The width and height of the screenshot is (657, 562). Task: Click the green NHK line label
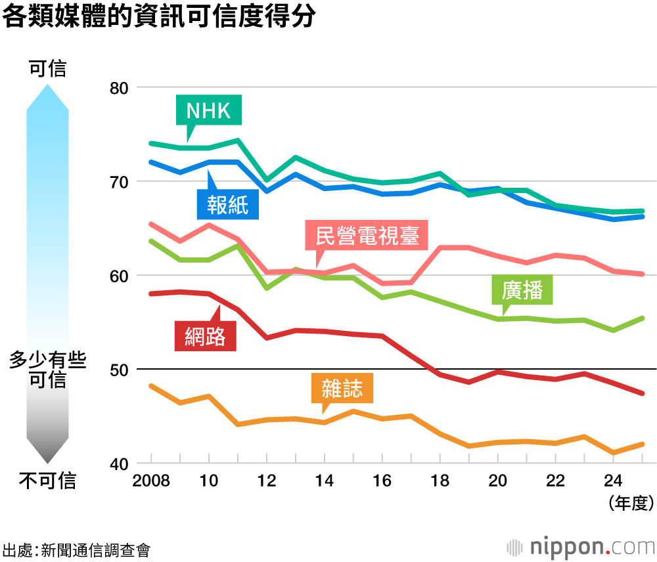pyautogui.click(x=208, y=110)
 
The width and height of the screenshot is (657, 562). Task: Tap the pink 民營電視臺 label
pyautogui.click(x=367, y=235)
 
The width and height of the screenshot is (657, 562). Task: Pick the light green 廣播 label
pyautogui.click(x=522, y=290)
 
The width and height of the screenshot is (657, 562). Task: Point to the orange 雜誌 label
pyautogui.click(x=342, y=388)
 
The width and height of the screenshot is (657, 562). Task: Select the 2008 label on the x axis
pyautogui.click(x=151, y=481)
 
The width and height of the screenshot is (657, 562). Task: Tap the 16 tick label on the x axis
pyautogui.click(x=382, y=481)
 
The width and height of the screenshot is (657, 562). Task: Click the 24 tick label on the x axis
pyautogui.click(x=613, y=481)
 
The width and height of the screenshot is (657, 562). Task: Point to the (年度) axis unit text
pyautogui.click(x=630, y=504)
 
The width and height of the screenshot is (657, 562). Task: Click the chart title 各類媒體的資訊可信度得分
pyautogui.click(x=158, y=17)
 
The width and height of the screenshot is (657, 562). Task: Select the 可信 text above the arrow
pyautogui.click(x=47, y=68)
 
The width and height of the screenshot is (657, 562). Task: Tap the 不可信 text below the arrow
pyautogui.click(x=47, y=481)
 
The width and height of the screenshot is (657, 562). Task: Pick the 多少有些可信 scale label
pyautogui.click(x=47, y=370)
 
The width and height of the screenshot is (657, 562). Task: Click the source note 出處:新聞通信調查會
pyautogui.click(x=76, y=550)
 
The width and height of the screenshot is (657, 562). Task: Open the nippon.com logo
pyautogui.click(x=581, y=546)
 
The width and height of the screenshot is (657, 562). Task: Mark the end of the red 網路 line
pyautogui.click(x=641, y=393)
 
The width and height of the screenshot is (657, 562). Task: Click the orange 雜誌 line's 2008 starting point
pyautogui.click(x=151, y=386)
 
